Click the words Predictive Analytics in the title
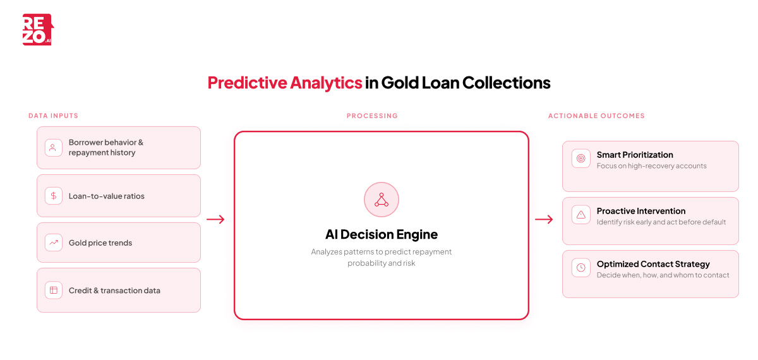click(x=285, y=83)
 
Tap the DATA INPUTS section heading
click(x=53, y=116)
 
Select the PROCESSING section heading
click(x=372, y=116)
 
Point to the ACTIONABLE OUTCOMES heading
click(x=596, y=116)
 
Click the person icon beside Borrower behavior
click(x=54, y=148)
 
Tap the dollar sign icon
click(x=54, y=196)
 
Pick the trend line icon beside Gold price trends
click(x=54, y=243)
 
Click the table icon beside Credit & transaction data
click(x=54, y=291)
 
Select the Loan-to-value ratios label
click(x=107, y=196)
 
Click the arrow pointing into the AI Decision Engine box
click(x=215, y=220)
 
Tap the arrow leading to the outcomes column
click(x=544, y=220)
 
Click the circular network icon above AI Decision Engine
click(x=382, y=200)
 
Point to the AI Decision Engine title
click(x=382, y=234)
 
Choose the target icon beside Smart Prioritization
click(x=581, y=158)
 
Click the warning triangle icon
click(x=581, y=215)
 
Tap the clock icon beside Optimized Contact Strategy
click(x=581, y=268)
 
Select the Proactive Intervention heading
click(x=641, y=211)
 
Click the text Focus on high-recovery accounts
click(x=652, y=166)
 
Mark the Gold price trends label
click(x=100, y=243)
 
